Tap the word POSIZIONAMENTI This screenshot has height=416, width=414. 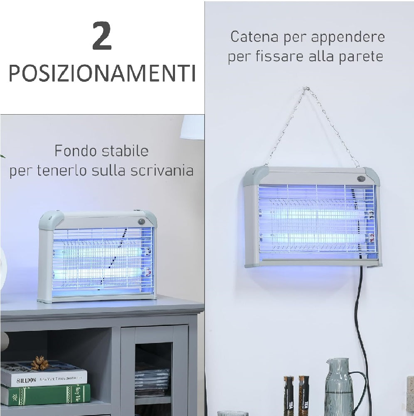click(x=102, y=73)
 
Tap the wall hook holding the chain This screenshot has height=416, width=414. click(x=306, y=89)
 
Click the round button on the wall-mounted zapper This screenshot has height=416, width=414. click(x=360, y=178)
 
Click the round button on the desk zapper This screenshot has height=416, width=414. click(x=142, y=221)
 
